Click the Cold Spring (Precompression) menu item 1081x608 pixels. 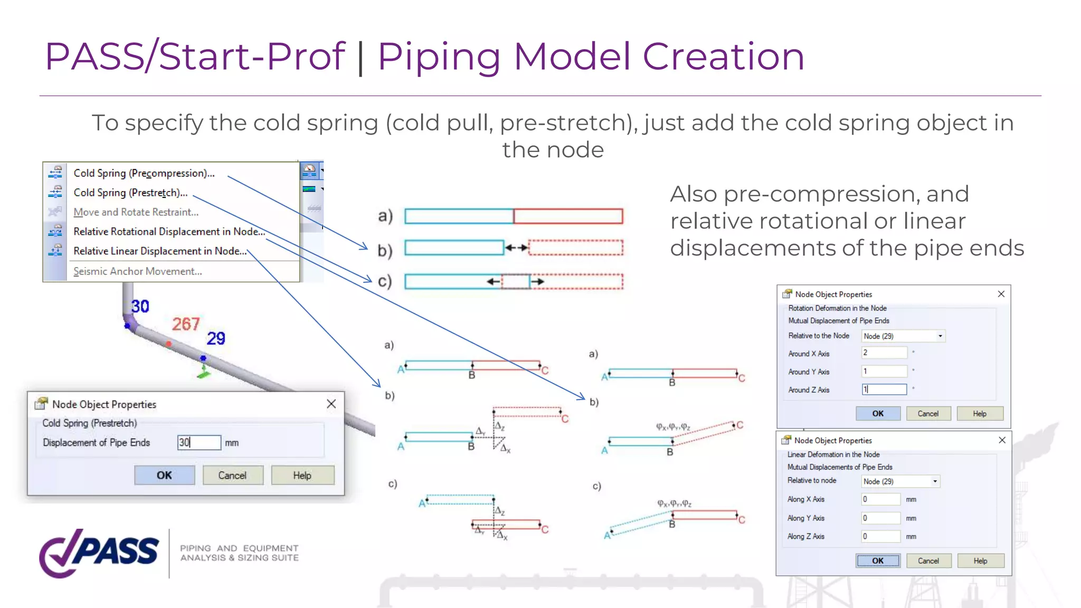(x=144, y=173)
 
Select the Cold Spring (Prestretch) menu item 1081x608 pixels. (x=130, y=193)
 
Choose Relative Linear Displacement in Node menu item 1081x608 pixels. (x=160, y=251)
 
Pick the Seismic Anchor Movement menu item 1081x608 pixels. (x=137, y=271)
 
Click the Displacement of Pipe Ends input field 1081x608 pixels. (x=199, y=442)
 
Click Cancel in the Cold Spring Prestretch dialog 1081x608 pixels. (x=232, y=476)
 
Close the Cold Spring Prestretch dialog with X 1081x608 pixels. (x=331, y=404)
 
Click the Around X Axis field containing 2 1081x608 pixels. (x=884, y=353)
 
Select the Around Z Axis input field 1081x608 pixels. (x=884, y=389)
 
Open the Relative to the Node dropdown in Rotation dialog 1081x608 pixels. (x=940, y=336)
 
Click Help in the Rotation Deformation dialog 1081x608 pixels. (x=980, y=414)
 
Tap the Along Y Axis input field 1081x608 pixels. (x=880, y=518)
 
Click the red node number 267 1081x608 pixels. (x=186, y=324)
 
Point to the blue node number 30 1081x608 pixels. (x=140, y=307)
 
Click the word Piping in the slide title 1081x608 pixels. (x=439, y=56)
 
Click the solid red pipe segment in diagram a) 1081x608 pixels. (x=568, y=216)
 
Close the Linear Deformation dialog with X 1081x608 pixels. (x=1002, y=440)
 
